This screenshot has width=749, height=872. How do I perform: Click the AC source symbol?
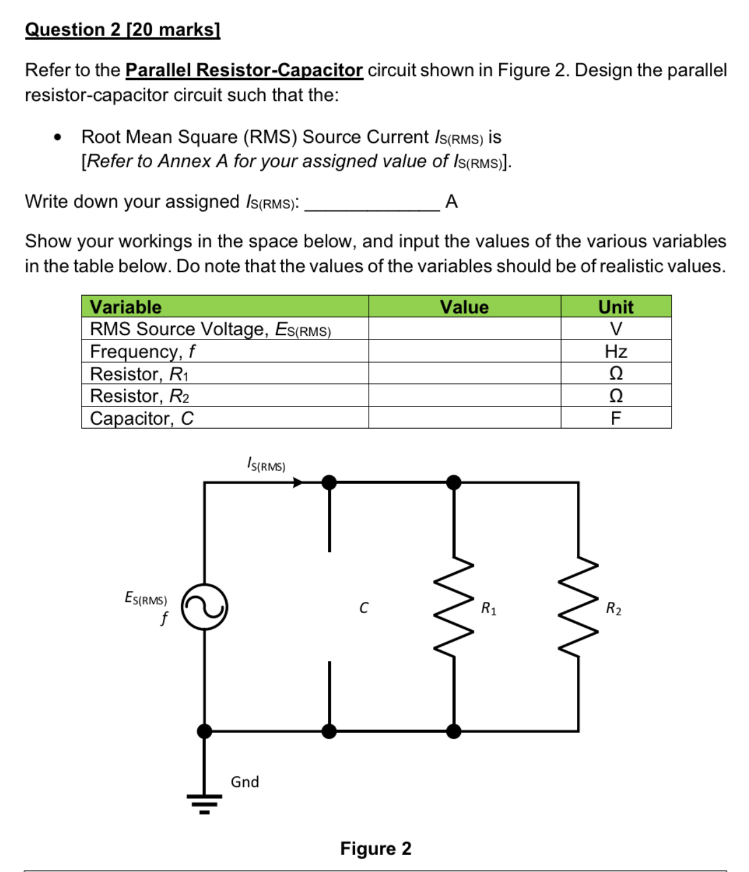point(204,607)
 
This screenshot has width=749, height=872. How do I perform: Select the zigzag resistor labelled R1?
point(454,607)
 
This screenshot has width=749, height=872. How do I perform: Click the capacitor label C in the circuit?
point(363,608)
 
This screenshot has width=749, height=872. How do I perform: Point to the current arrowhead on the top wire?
point(298,482)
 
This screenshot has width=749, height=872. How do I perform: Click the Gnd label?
point(244,782)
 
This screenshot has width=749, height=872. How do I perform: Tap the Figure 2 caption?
point(376,848)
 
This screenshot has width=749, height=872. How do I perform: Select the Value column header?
point(464,307)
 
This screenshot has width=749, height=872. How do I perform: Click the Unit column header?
point(615,307)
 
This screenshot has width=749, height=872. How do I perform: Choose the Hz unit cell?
point(615,351)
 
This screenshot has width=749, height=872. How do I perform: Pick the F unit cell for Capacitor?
point(615,418)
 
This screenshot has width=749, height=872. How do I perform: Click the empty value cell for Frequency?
point(464,351)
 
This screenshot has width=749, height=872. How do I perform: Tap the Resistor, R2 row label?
point(140,396)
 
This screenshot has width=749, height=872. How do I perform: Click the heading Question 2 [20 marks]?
point(123,30)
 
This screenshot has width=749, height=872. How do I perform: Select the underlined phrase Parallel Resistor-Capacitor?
point(244,70)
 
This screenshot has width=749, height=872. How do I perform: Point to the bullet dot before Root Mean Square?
point(57,138)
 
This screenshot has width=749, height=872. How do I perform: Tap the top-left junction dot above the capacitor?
point(329,482)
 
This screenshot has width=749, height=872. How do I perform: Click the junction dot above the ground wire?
point(204,731)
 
